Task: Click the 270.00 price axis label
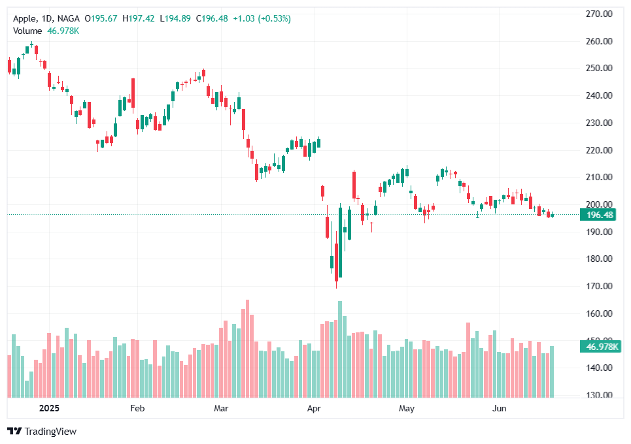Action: point(598,13)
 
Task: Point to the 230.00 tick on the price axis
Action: point(598,123)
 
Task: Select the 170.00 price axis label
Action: point(598,286)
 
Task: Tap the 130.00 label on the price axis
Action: point(598,395)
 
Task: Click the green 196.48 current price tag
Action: point(600,215)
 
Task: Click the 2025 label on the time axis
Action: point(49,409)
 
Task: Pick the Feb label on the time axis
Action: point(137,409)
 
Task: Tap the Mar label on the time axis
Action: point(221,409)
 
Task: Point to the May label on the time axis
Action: point(407,409)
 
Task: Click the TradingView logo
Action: point(42,432)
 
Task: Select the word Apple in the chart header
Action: point(25,18)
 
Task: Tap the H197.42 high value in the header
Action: point(138,18)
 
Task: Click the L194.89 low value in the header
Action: point(176,18)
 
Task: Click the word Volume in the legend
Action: point(27,31)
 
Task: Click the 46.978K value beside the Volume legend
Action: point(63,31)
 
